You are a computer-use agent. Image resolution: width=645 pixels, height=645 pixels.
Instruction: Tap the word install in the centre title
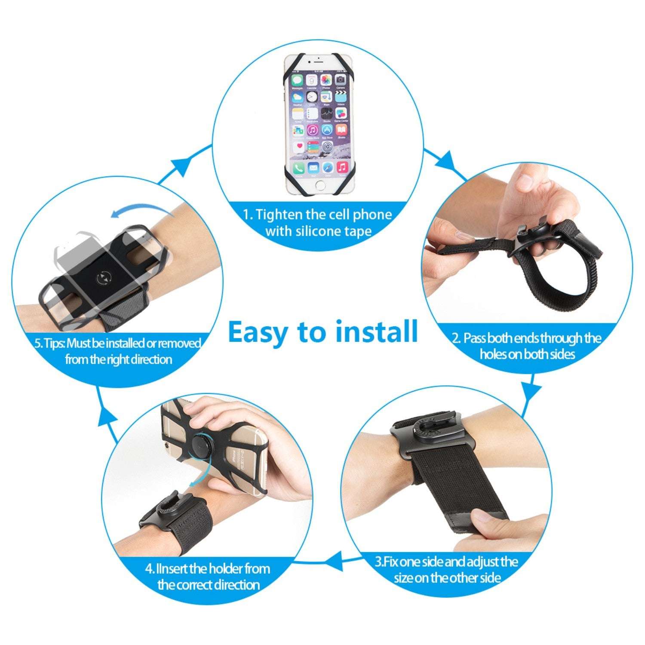tap(376, 332)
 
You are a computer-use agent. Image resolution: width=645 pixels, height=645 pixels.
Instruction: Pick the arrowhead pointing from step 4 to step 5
tap(107, 416)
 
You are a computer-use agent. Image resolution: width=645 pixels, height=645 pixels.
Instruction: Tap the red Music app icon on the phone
tap(342, 166)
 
